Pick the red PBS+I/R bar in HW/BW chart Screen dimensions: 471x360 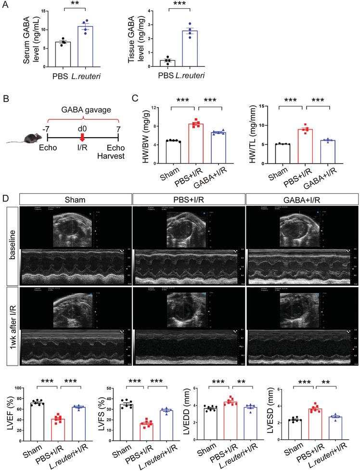click(196, 144)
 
